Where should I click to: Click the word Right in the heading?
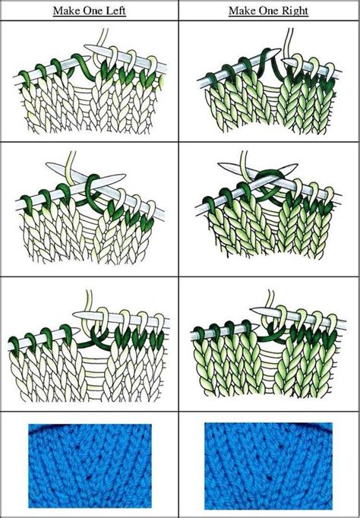pyautogui.click(x=295, y=11)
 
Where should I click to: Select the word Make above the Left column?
pyautogui.click(x=65, y=11)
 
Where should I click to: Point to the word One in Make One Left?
pyautogui.click(x=91, y=11)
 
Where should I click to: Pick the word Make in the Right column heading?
pyautogui.click(x=241, y=11)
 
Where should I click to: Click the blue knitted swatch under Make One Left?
pyautogui.click(x=90, y=466)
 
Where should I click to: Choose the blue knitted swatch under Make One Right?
pyautogui.click(x=268, y=466)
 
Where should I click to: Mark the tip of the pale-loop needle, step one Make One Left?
pyautogui.click(x=86, y=47)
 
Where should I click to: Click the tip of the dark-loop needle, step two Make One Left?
pyautogui.click(x=125, y=175)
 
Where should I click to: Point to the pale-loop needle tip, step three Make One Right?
pyautogui.click(x=251, y=310)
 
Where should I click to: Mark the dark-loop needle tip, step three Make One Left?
pyautogui.click(x=78, y=329)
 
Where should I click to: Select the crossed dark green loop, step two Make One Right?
pyautogui.click(x=268, y=185)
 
